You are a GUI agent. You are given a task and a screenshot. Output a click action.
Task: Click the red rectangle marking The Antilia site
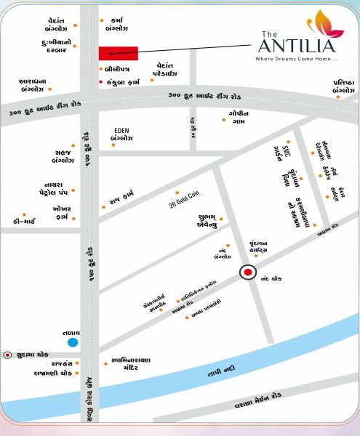click(119, 52)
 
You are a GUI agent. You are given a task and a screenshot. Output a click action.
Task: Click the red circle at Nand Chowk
click(248, 273)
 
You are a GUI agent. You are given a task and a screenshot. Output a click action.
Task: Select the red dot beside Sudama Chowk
click(8, 355)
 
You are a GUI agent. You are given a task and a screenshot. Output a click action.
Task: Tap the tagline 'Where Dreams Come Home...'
click(297, 59)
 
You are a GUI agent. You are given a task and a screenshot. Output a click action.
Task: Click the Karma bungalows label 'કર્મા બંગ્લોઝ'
click(116, 25)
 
